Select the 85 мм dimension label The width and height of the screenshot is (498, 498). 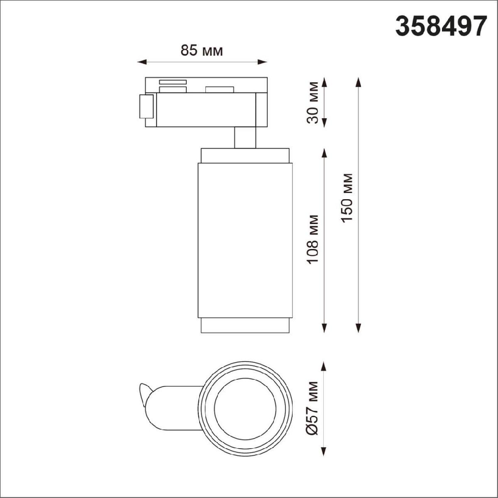(x=202, y=50)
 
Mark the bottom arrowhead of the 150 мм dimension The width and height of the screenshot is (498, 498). (x=358, y=328)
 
